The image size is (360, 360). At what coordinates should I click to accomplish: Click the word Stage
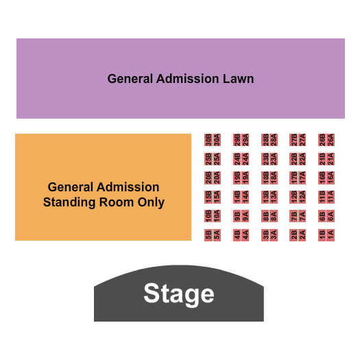click(x=178, y=294)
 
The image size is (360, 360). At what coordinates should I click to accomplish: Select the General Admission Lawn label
click(x=180, y=79)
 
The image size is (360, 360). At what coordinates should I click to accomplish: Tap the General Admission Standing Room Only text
click(x=104, y=195)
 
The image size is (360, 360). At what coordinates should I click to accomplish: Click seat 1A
click(x=331, y=235)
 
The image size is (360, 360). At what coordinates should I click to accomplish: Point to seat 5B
click(x=208, y=235)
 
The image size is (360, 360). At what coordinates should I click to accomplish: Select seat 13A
click(x=274, y=197)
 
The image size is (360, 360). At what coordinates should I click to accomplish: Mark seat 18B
click(x=265, y=178)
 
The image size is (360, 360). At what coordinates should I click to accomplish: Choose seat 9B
click(x=237, y=216)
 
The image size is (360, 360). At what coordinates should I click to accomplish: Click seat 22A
click(x=302, y=158)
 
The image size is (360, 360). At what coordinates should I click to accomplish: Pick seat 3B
click(x=265, y=235)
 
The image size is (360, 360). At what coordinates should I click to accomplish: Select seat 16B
click(x=322, y=178)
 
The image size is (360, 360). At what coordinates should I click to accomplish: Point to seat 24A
click(x=245, y=158)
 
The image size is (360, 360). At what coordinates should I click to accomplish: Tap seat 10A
click(x=217, y=216)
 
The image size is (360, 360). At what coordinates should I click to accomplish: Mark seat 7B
click(x=294, y=216)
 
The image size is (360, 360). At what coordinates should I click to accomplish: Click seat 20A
click(x=217, y=178)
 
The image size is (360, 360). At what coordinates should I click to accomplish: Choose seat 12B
click(x=294, y=197)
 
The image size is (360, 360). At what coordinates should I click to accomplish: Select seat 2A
click(x=302, y=235)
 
